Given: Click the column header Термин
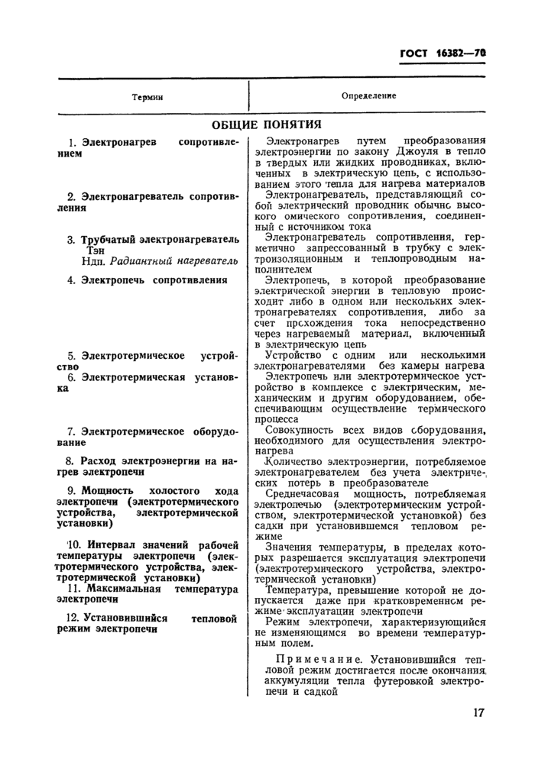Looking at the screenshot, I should coord(147,98).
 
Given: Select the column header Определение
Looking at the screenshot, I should coord(368,97).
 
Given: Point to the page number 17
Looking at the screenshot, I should coord(478,713).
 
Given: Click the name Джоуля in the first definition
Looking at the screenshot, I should coord(392,153).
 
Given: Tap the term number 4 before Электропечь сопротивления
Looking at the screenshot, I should coord(70,280).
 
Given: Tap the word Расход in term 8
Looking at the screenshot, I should coord(100,460).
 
